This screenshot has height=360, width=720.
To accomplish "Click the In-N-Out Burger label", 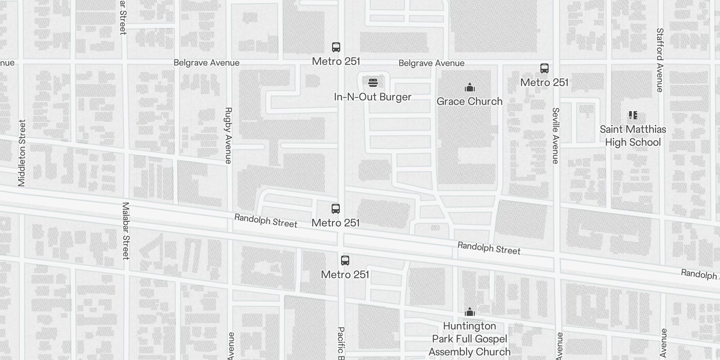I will tap(373, 97).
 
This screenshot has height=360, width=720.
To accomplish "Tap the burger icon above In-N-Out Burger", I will tap(373, 83).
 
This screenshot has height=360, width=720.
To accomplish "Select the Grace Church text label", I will tap(469, 102).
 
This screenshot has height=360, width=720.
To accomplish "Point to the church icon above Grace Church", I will tap(470, 87).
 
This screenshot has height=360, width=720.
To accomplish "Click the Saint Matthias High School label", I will tap(633, 136).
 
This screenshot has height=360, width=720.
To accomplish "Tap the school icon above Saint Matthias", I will tap(633, 115).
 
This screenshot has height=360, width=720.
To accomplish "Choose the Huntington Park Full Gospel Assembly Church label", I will tap(470, 339).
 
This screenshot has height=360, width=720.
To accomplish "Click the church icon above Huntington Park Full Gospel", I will tap(470, 312).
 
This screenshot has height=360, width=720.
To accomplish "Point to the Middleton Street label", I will tap(22, 153).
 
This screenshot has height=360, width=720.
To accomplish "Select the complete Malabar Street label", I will tap(126, 231).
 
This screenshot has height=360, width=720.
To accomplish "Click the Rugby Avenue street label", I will tap(228, 135).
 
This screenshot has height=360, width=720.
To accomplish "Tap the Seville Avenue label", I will tap(556, 135).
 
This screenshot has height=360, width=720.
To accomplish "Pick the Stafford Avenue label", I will tap(660, 60).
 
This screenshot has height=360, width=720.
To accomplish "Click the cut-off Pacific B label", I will tap(341, 343).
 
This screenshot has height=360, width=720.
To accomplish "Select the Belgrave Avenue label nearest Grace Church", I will tap(431, 63).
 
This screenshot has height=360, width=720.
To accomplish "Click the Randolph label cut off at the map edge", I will tap(700, 274).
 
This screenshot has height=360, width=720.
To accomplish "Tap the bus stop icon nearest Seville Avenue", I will tap(544, 68).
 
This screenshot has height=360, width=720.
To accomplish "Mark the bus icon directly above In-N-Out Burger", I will tap(336, 47).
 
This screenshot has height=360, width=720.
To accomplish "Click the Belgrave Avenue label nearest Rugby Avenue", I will tap(207, 63).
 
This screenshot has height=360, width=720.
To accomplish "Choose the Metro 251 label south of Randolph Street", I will tap(345, 274).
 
